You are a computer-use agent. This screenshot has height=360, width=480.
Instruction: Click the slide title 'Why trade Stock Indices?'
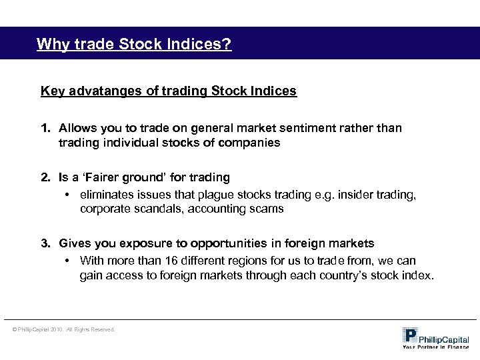[134, 45]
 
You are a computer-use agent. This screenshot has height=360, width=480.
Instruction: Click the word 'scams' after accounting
[271, 208]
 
